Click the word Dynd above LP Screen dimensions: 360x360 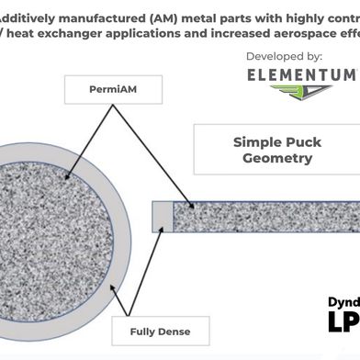[x=343, y=300]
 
